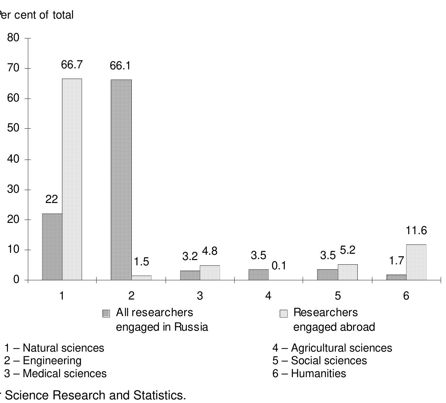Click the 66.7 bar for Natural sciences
(72, 179)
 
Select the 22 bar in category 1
(52, 247)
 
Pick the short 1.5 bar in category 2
(141, 278)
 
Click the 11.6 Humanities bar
(416, 262)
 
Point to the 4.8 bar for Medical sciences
(210, 273)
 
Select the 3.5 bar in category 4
(259, 275)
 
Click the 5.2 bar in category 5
(348, 272)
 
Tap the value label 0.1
(279, 266)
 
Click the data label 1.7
(396, 261)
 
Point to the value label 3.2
(190, 256)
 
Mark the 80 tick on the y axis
(13, 38)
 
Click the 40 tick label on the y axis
(13, 159)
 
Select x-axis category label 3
(200, 296)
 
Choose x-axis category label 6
(406, 296)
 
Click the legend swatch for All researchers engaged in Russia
(106, 314)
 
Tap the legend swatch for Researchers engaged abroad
(283, 314)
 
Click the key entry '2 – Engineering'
(43, 361)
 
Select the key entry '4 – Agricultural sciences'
(332, 348)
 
